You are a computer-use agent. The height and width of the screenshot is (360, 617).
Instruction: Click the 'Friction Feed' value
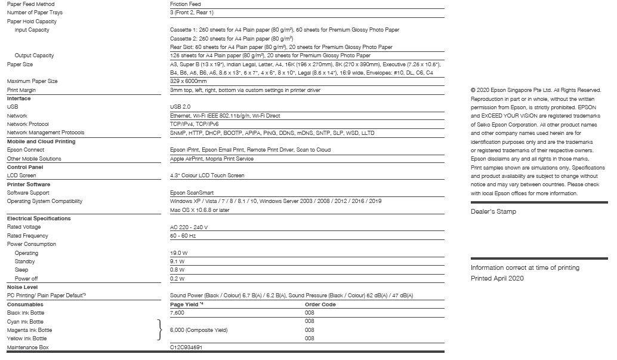[x=185, y=4]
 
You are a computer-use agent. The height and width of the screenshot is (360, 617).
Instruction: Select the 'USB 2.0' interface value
[x=180, y=107]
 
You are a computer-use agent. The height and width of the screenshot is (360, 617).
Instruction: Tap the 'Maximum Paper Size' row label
[x=32, y=81]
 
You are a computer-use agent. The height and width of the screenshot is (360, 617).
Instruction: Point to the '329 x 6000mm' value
[x=188, y=81]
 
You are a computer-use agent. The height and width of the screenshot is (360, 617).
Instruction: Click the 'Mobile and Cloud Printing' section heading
[x=41, y=141]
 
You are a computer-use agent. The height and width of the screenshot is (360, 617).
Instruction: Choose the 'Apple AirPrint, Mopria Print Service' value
[x=212, y=159]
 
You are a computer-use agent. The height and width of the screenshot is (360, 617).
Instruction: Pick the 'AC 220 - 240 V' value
[x=189, y=227]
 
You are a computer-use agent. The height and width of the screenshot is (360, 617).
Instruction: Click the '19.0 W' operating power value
[x=178, y=253]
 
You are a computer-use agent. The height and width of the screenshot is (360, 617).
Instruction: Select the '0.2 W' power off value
[x=177, y=279]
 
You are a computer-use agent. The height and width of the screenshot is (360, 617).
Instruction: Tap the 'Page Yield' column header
[x=187, y=304]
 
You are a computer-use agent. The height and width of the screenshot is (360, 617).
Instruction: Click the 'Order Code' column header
[x=320, y=304]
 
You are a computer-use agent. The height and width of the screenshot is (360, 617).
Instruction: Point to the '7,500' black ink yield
[x=177, y=313]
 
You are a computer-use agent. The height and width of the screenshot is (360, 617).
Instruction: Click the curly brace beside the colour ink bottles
[x=159, y=330]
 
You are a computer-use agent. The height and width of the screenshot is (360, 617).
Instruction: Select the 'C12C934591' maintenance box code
[x=186, y=347]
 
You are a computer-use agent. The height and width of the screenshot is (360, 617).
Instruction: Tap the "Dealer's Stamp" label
[x=493, y=212]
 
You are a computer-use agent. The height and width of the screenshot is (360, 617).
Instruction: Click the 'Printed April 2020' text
[x=497, y=279]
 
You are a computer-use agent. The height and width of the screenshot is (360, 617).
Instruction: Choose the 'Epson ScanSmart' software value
[x=192, y=193]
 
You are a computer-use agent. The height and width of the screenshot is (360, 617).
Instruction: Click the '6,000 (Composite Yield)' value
[x=199, y=330]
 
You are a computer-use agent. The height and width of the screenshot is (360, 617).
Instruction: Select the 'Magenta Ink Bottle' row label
[x=29, y=330]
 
